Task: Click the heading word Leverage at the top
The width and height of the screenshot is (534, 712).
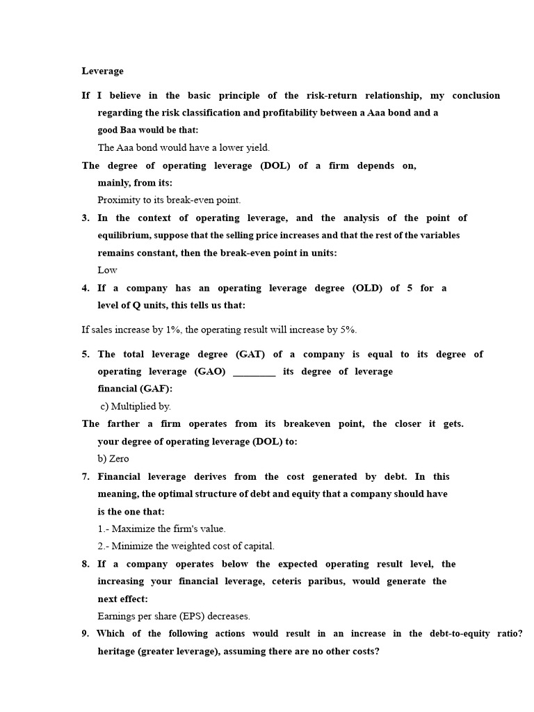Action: pyautogui.click(x=102, y=71)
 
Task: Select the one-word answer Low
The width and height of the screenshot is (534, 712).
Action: pyautogui.click(x=107, y=270)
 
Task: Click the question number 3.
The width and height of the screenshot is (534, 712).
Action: pyautogui.click(x=85, y=218)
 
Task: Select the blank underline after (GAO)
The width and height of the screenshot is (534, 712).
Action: pyautogui.click(x=254, y=372)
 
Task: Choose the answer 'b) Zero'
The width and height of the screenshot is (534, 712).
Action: pyautogui.click(x=113, y=459)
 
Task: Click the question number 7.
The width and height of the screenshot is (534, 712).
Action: pyautogui.click(x=85, y=476)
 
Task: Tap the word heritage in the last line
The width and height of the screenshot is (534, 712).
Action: pyautogui.click(x=118, y=652)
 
